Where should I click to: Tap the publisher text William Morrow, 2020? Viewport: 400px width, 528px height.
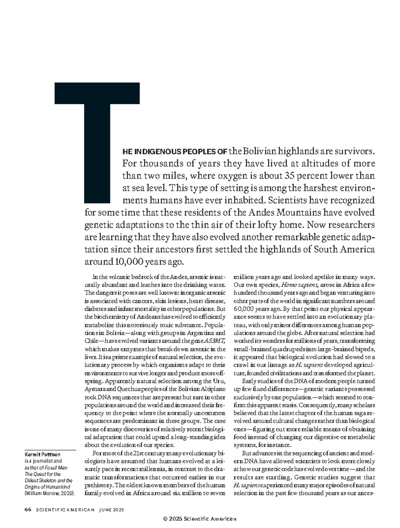pyautogui.click(x=50, y=493)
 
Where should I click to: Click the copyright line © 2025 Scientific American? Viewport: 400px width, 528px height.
pyautogui.click(x=200, y=519)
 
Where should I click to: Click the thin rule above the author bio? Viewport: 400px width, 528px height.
pyautogui.click(x=50, y=449)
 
